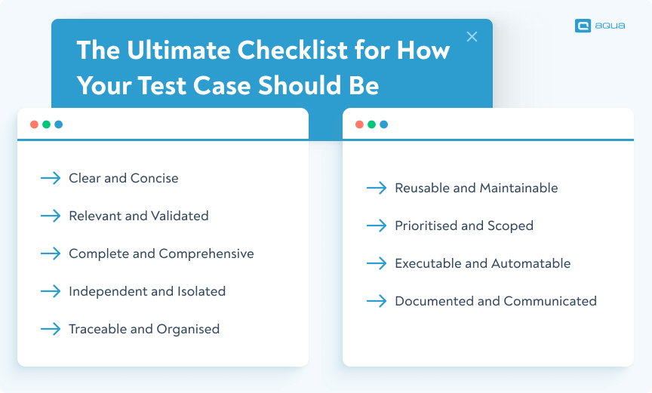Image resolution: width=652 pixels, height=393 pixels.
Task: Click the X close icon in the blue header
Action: (472, 36)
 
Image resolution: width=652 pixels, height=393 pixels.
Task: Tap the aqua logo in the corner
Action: (599, 26)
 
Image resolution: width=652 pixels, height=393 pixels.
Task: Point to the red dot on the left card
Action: (34, 124)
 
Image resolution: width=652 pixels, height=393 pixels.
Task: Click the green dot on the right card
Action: (371, 124)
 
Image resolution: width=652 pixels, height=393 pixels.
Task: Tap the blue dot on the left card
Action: (58, 124)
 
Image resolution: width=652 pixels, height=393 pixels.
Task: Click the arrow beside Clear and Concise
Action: (51, 178)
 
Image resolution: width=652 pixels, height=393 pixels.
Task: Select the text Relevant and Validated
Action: (138, 216)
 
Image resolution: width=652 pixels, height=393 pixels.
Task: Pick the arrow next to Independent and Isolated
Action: (51, 291)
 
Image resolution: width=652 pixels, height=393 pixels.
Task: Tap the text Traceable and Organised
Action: (144, 329)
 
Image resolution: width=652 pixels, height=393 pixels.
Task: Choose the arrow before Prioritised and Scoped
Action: (377, 226)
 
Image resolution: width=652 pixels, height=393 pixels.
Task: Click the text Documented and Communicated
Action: (496, 301)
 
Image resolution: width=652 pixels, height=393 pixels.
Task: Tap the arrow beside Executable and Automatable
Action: (377, 263)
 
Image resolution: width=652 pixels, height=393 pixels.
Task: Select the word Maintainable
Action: (518, 188)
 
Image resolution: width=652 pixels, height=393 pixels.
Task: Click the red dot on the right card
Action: (359, 124)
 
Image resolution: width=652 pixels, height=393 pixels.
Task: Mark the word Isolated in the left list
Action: (199, 291)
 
